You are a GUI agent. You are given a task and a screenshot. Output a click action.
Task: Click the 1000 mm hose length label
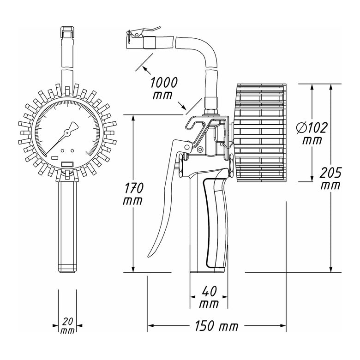pos(164,89)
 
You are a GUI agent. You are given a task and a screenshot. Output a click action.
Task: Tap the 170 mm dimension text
pos(133,194)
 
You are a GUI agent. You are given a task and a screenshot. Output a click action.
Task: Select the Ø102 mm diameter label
pos(312,133)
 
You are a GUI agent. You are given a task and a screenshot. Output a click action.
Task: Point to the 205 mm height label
pos(330,179)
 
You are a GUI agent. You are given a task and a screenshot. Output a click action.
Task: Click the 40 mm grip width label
pos(209,297)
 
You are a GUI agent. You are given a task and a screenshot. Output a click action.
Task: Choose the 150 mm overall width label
pos(216,326)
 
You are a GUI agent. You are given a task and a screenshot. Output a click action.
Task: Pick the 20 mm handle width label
pos(68,326)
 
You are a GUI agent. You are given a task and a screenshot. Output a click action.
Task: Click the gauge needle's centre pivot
pos(67,132)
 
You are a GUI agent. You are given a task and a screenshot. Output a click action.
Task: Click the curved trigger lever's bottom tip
pos(149,257)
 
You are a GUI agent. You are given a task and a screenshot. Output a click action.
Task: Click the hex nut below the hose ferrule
pos(211,112)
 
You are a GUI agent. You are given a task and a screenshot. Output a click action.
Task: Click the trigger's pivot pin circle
pos(187,147)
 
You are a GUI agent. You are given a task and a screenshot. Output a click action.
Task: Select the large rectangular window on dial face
pos(67,164)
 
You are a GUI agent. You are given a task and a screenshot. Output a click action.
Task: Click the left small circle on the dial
pos(62,151)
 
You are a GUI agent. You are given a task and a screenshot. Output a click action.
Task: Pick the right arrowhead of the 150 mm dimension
pos(283,325)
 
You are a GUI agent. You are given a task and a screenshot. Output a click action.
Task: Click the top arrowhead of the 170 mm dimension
pos(133,117)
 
